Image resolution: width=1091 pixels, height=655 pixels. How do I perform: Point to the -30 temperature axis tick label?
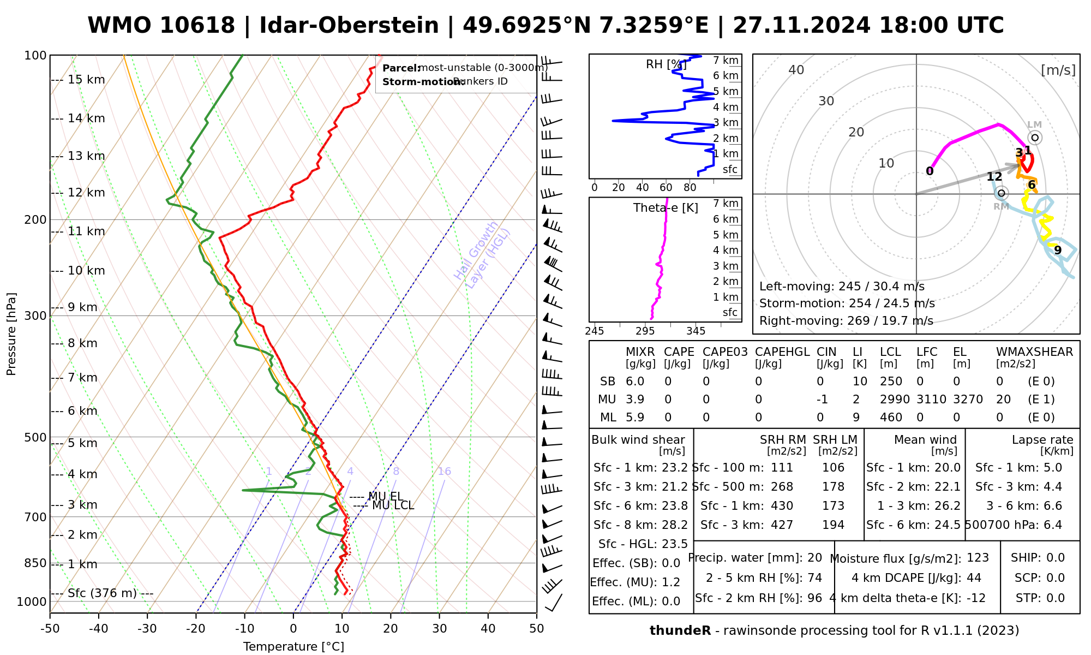coord(147,629)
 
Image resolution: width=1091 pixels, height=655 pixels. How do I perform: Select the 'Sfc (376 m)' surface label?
coord(102,593)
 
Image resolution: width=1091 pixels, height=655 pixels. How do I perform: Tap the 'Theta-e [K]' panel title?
coord(666,208)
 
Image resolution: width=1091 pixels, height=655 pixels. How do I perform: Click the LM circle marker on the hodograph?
coord(1035,138)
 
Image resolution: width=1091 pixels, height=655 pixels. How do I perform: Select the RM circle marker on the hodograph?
coord(1001,193)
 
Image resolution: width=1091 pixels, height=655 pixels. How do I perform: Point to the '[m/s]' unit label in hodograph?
coord(1058,70)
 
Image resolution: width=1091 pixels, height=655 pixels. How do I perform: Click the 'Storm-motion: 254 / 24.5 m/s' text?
coord(847,303)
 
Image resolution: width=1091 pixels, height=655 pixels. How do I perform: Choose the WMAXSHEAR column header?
coord(1034,352)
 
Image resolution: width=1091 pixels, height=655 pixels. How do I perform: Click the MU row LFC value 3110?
coord(931,400)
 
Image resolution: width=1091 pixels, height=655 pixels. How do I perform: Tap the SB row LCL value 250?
coord(891,382)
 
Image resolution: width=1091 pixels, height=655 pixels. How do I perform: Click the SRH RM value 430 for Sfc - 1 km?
coord(782,506)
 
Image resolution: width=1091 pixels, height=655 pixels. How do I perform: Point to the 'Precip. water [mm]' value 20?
coord(814,558)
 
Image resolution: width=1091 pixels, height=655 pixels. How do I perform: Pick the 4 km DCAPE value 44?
coord(974,578)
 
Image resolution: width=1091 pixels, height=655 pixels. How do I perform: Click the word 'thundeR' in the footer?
coord(680,631)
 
